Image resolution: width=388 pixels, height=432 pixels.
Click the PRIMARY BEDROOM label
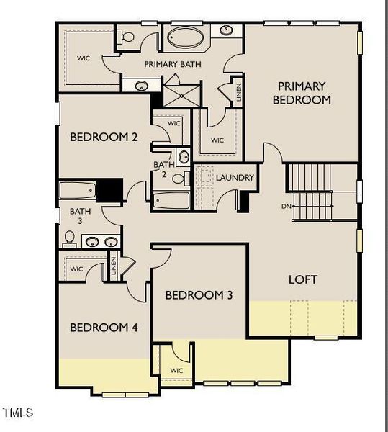click(302, 93)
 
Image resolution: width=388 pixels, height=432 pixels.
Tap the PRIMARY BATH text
click(172, 64)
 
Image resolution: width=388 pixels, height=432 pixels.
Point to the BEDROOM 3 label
click(199, 294)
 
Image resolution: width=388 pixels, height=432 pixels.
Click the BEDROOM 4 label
click(104, 328)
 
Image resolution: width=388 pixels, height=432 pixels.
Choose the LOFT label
click(303, 279)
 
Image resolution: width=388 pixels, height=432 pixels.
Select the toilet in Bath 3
click(70, 238)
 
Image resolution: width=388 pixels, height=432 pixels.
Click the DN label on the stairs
click(287, 205)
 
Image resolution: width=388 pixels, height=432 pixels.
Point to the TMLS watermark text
click(18, 413)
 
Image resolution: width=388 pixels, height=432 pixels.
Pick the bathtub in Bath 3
click(76, 192)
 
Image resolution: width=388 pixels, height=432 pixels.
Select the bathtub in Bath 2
click(171, 200)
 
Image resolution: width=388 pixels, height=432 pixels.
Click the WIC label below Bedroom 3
click(176, 370)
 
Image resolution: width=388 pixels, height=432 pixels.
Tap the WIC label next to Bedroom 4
click(77, 269)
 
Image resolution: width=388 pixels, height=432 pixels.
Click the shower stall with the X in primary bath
click(175, 94)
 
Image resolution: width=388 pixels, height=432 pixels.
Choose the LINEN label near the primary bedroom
click(239, 91)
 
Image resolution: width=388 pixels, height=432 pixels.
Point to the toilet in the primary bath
click(128, 36)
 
